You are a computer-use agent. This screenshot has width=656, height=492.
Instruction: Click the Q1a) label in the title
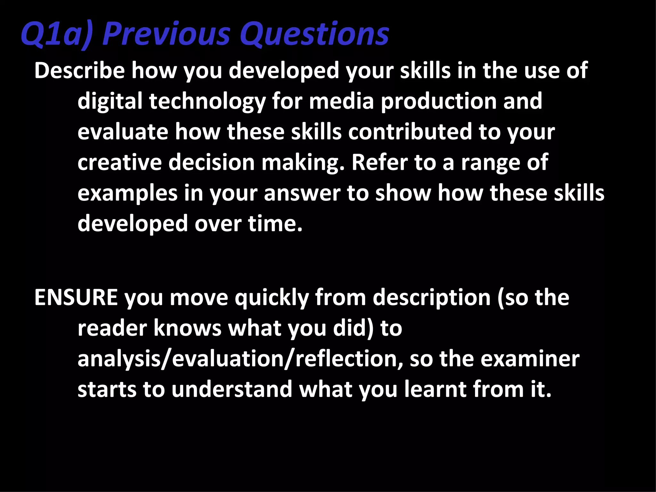pos(56,34)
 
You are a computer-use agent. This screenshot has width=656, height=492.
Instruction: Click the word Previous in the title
pos(166,34)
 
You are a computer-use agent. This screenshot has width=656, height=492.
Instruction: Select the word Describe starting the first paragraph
pos(79,70)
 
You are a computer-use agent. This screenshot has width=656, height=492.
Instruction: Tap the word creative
pos(119,162)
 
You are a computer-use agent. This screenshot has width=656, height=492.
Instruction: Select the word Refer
pos(379,162)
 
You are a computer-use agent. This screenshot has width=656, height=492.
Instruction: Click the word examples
pos(127,193)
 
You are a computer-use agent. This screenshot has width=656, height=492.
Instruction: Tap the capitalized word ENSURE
pos(76,298)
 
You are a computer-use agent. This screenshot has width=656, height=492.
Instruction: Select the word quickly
pos(272,298)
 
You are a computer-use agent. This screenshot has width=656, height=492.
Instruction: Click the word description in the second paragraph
pos(431,298)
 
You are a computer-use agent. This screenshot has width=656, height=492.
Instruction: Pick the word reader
pos(112,328)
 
